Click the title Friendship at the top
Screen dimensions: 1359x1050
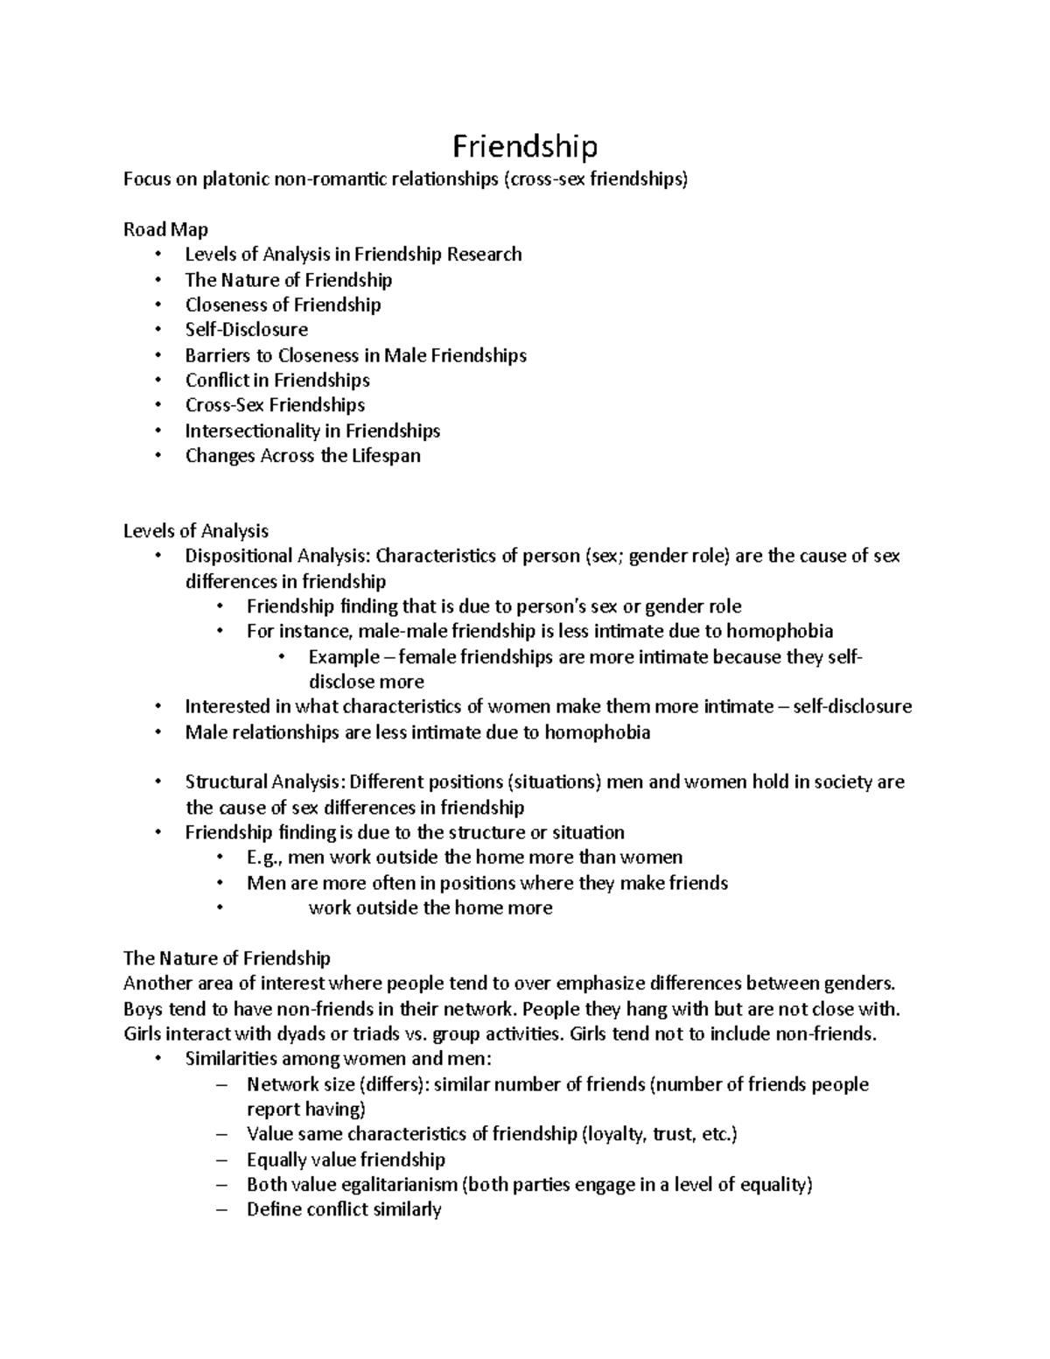(x=524, y=146)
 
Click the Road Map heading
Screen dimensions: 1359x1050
(x=165, y=230)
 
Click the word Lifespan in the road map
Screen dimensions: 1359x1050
(x=387, y=456)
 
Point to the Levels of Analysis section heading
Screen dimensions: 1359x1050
(x=195, y=531)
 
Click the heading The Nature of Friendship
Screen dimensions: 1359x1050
(x=227, y=958)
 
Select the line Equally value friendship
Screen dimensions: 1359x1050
(x=346, y=1160)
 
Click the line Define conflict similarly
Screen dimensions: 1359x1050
(x=344, y=1210)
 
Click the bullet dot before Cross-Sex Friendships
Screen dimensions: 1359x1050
(x=157, y=406)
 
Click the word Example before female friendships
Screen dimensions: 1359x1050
(x=344, y=657)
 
